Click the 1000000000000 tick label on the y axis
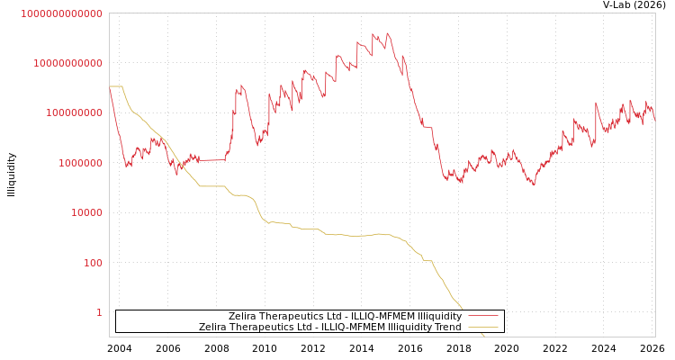[61, 13]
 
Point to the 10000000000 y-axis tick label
[67, 63]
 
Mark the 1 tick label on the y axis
[99, 312]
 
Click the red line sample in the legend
[483, 317]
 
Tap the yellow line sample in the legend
[483, 328]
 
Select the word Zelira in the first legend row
[243, 317]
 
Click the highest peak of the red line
[388, 34]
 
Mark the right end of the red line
[654, 120]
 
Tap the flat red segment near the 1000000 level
[211, 160]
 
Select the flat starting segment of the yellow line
[116, 86]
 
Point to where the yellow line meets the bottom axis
[483, 336]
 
